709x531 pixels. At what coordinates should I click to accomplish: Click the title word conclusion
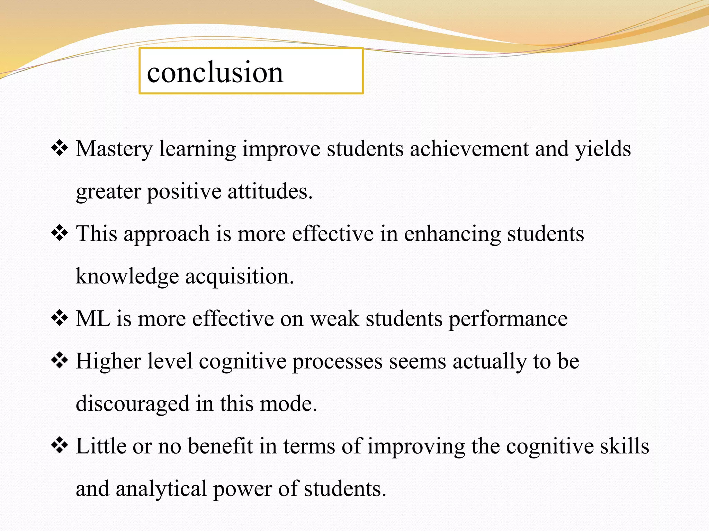pyautogui.click(x=215, y=72)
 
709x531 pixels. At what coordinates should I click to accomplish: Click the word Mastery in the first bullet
pyautogui.click(x=114, y=149)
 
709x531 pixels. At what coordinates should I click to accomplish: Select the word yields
pyautogui.click(x=603, y=149)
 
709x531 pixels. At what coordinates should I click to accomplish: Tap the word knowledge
pyautogui.click(x=127, y=277)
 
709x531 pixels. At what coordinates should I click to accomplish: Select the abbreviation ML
pyautogui.click(x=93, y=318)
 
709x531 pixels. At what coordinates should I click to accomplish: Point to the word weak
pyautogui.click(x=334, y=318)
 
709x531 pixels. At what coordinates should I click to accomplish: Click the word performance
pyautogui.click(x=508, y=319)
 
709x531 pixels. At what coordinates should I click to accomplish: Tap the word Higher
pyautogui.click(x=108, y=362)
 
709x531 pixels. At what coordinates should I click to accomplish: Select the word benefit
pyautogui.click(x=221, y=446)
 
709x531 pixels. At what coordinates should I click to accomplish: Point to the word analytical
pyautogui.click(x=161, y=489)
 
